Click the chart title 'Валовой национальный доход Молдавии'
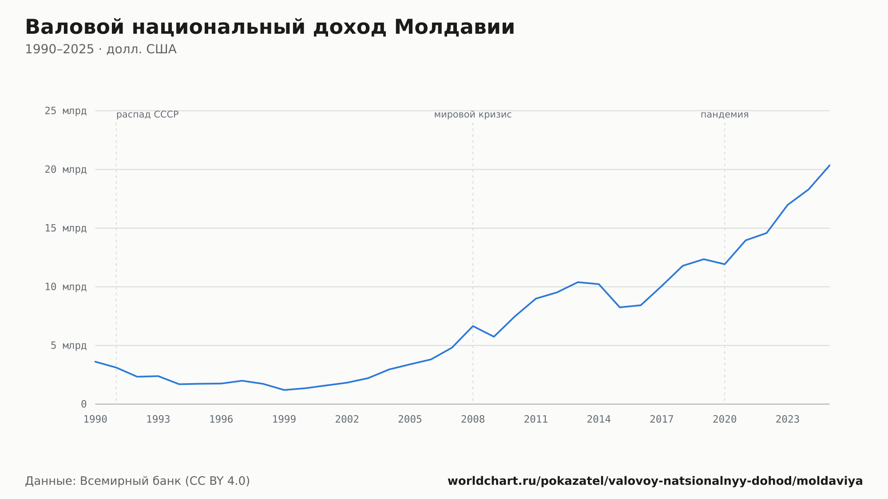coord(270,28)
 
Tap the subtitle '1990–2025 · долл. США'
coord(101,49)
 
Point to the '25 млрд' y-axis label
coord(65,111)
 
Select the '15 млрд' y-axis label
coord(65,228)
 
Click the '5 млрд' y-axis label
coord(68,345)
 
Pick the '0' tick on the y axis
coord(83,404)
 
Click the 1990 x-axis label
coord(95,420)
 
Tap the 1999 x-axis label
coord(284,420)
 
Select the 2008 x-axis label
coord(473,420)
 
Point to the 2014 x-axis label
coord(599,420)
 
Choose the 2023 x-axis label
coord(788,420)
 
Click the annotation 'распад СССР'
coord(147,115)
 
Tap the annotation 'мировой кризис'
coord(473,115)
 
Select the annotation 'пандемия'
coord(725,115)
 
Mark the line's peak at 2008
coord(473,326)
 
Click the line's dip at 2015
coord(620,307)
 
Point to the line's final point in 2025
coord(829,166)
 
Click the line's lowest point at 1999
coord(284,390)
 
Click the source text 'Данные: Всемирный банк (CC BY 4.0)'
coord(138,481)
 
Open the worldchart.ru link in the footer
coord(655,481)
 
